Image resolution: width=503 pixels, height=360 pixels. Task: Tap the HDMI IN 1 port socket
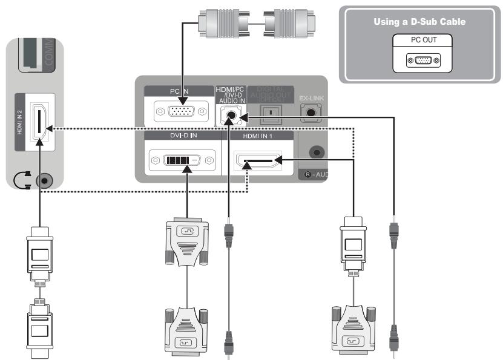(x=258, y=162)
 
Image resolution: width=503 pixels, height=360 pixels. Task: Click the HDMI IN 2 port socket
(x=39, y=123)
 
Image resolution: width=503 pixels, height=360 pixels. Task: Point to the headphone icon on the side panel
(x=21, y=180)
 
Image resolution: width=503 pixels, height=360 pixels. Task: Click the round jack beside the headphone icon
(x=43, y=180)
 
